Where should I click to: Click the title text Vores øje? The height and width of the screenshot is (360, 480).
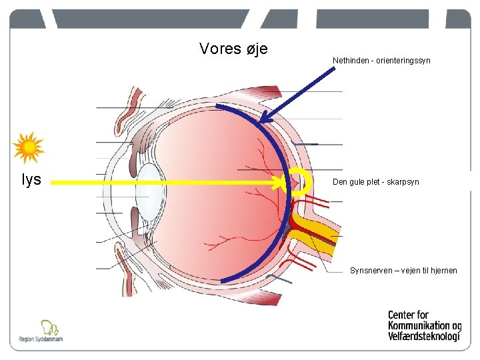233,49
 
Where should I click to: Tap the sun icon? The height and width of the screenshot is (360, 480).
29,148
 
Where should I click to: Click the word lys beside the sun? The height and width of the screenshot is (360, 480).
31,180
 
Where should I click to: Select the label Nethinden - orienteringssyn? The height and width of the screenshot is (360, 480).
381,61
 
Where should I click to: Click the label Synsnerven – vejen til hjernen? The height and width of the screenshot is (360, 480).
403,271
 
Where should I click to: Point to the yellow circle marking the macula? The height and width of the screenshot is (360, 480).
301,182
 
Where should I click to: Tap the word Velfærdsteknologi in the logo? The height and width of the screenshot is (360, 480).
424,337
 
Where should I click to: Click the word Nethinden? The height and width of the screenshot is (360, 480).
348,61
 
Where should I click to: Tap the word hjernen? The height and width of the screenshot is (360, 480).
443,271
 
